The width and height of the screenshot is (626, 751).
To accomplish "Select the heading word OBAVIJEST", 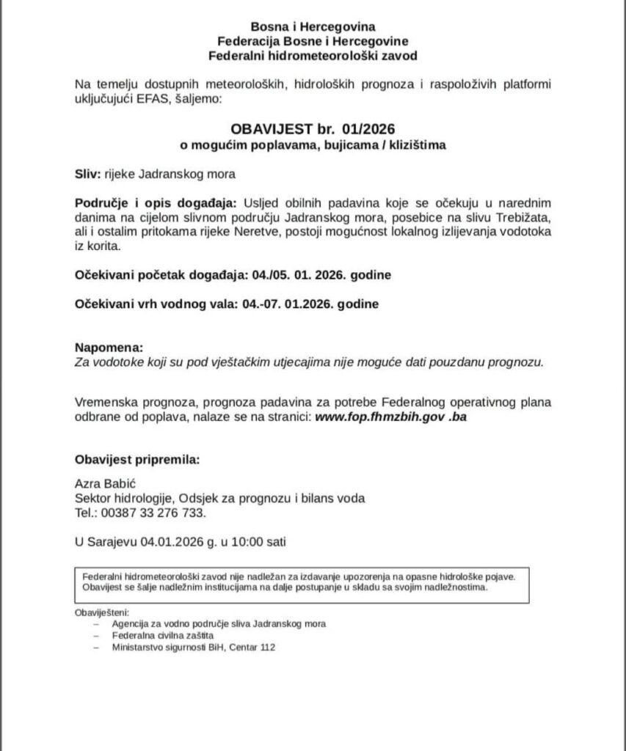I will click(269, 129).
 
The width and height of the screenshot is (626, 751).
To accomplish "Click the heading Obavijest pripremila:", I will click(137, 460).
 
